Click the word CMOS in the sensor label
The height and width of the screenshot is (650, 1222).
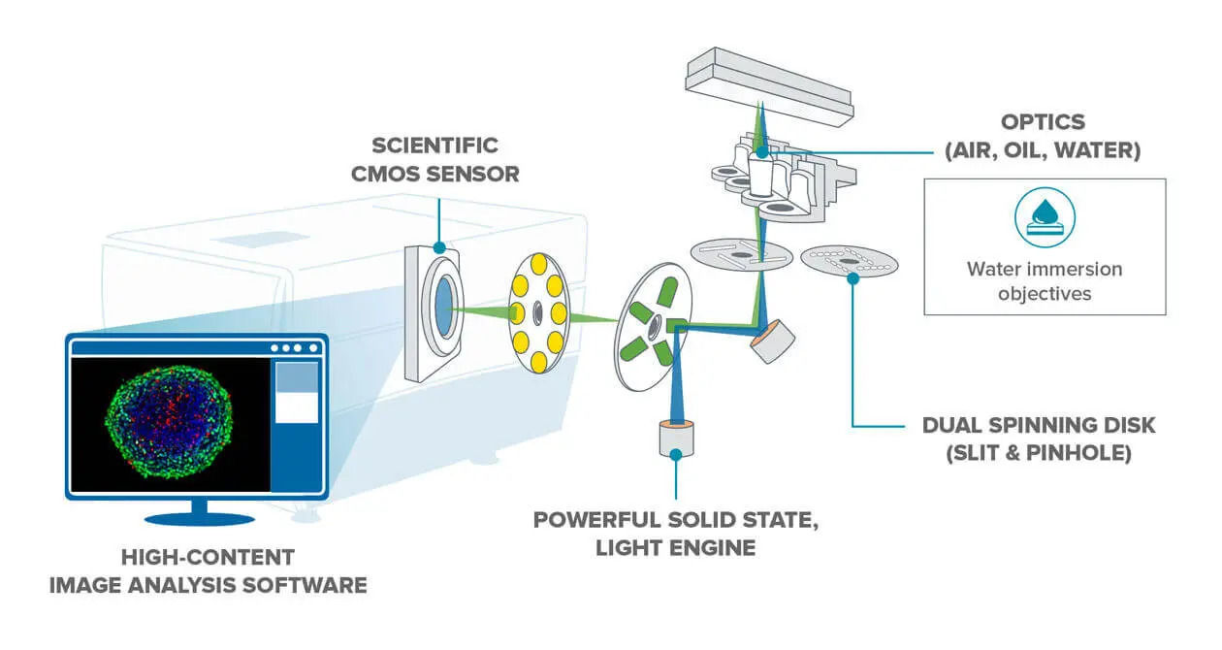(385, 174)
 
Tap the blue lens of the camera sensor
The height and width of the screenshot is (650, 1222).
(444, 307)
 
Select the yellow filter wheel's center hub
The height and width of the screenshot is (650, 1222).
(537, 312)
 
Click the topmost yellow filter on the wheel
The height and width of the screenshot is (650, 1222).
(538, 264)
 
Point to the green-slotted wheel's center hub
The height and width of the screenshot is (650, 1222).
(653, 329)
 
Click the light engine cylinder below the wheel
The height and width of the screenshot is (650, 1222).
(677, 439)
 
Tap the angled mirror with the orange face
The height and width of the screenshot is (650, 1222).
(772, 341)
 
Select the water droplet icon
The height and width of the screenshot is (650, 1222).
(1045, 217)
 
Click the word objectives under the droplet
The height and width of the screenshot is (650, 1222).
(1045, 294)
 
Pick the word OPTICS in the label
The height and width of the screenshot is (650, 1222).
(1043, 122)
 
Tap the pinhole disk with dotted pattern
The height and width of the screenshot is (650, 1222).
(849, 261)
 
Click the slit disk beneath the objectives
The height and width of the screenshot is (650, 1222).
(741, 254)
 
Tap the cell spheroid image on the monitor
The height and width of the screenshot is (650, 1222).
(169, 422)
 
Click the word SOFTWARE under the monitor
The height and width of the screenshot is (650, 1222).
(304, 586)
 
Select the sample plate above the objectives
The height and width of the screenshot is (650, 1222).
(769, 87)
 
